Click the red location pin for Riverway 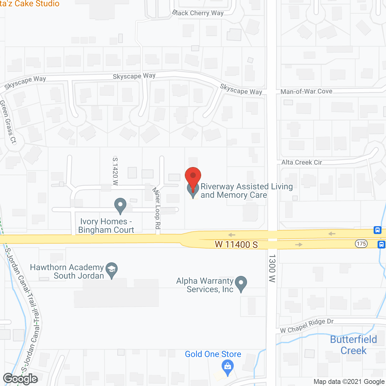[x=193, y=176]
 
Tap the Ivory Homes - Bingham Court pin [x=120, y=205]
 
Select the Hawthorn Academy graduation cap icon [x=112, y=269]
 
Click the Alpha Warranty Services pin [x=241, y=283]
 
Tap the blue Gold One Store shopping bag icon [x=228, y=367]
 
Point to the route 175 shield [x=361, y=244]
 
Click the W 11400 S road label [x=236, y=244]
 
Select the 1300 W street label [x=272, y=268]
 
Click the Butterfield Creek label [x=353, y=345]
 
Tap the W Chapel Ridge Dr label [x=307, y=326]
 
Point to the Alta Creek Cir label [x=302, y=163]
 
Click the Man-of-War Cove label [x=306, y=91]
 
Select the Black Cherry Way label [x=198, y=13]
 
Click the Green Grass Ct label [x=8, y=122]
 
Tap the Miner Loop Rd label [x=157, y=208]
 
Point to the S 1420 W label [x=115, y=171]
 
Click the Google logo [x=21, y=379]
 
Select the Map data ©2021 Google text [x=349, y=382]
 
